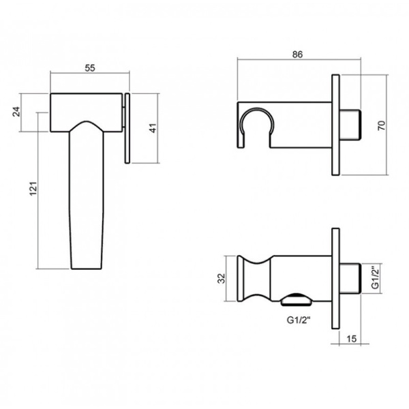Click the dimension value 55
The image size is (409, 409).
(90, 67)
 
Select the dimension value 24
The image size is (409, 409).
(16, 111)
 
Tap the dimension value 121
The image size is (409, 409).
(33, 188)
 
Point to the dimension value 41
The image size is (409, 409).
(153, 128)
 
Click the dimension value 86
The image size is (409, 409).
(297, 55)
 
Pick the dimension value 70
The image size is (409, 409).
(381, 125)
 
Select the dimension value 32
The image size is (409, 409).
(221, 278)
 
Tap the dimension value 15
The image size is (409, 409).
(351, 339)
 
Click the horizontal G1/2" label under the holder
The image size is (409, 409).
(299, 320)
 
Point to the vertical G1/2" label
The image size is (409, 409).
(375, 278)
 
